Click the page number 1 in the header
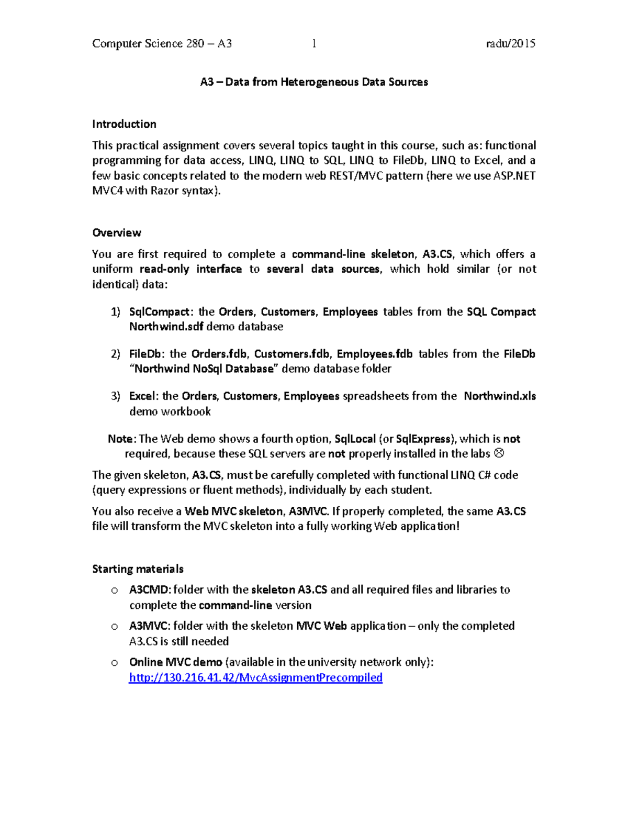tap(314, 43)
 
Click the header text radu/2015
tap(510, 43)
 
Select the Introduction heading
tap(124, 124)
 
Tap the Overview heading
tap(117, 232)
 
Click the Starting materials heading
tap(138, 569)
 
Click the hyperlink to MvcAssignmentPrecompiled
tap(255, 677)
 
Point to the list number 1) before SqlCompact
tap(115, 312)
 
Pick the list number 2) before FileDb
tap(115, 354)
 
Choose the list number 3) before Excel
tap(115, 396)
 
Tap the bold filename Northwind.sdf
tap(166, 327)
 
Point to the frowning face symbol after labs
tap(499, 453)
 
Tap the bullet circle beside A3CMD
tap(114, 591)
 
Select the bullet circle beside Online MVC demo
tap(114, 663)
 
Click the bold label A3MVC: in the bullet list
tap(150, 626)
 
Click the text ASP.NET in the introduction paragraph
tap(514, 176)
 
